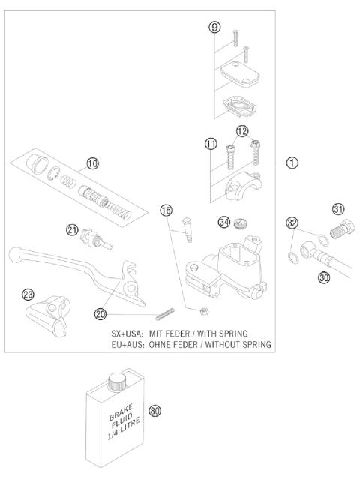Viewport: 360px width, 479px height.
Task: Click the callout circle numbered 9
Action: (214, 28)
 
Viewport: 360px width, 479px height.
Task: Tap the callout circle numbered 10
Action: (91, 163)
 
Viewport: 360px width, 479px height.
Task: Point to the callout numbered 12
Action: (242, 132)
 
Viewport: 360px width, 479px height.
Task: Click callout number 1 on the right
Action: (294, 163)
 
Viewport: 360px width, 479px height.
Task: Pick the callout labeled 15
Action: (166, 211)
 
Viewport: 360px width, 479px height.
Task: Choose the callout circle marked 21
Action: (73, 230)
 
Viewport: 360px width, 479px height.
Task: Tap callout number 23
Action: (28, 295)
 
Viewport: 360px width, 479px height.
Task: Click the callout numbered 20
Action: (100, 313)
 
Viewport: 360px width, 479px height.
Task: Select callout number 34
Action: (223, 221)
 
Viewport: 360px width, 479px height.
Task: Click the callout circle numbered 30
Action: (325, 276)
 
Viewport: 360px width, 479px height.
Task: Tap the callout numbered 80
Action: (155, 411)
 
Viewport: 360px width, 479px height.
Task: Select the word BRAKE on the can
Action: (107, 413)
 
